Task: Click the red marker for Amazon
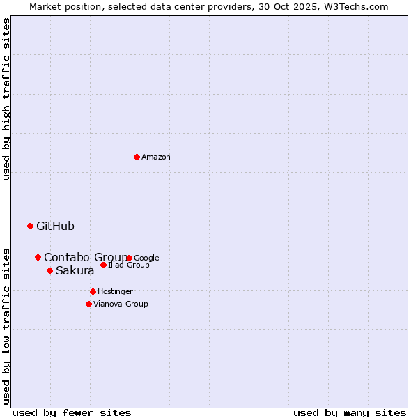click(137, 157)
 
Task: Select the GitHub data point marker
click(30, 226)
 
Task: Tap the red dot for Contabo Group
click(38, 257)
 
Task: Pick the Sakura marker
click(49, 270)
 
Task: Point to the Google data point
click(130, 258)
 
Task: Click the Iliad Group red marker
click(103, 265)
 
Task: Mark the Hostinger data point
click(93, 291)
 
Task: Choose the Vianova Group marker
click(88, 304)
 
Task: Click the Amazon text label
click(156, 157)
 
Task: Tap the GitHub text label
click(55, 226)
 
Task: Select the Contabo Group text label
click(85, 257)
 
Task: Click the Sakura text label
click(75, 271)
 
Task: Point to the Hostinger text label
click(115, 291)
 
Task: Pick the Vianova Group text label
click(121, 304)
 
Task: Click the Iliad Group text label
click(129, 265)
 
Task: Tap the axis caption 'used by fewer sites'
click(72, 412)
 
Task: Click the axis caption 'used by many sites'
click(350, 412)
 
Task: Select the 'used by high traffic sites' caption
click(7, 99)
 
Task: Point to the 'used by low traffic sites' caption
click(7, 325)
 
